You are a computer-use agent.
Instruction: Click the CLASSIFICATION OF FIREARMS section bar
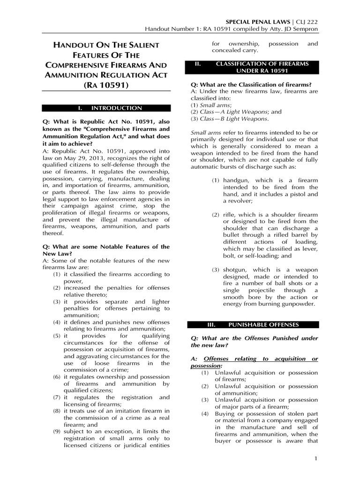tap(253, 67)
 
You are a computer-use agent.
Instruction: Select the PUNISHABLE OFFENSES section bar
tap(253, 324)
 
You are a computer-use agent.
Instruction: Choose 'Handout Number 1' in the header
tap(171, 30)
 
